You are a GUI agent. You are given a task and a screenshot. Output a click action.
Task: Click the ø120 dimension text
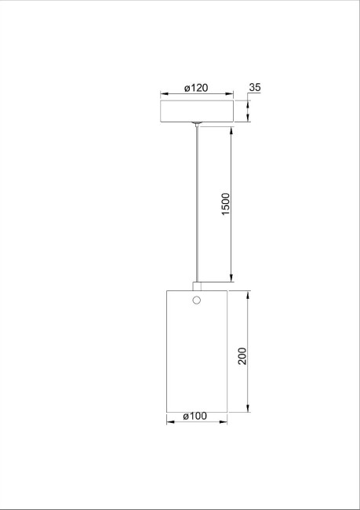coord(196,87)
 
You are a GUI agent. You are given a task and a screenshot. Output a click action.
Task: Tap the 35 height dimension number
coord(254,87)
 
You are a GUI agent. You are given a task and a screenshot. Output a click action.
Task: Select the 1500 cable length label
coord(226,206)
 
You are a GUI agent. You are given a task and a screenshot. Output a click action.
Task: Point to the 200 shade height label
coord(242,357)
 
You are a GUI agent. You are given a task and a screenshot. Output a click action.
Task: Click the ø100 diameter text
coord(195,417)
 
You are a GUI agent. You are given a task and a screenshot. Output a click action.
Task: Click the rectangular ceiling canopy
coord(196,111)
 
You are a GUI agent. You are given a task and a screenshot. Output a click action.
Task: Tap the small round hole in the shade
coord(197,301)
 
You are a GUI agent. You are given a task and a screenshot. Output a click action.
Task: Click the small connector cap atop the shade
coord(197,286)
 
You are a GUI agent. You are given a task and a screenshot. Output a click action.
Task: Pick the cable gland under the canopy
coord(197,124)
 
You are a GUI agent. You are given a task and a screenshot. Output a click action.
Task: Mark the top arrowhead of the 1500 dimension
coord(231,129)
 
